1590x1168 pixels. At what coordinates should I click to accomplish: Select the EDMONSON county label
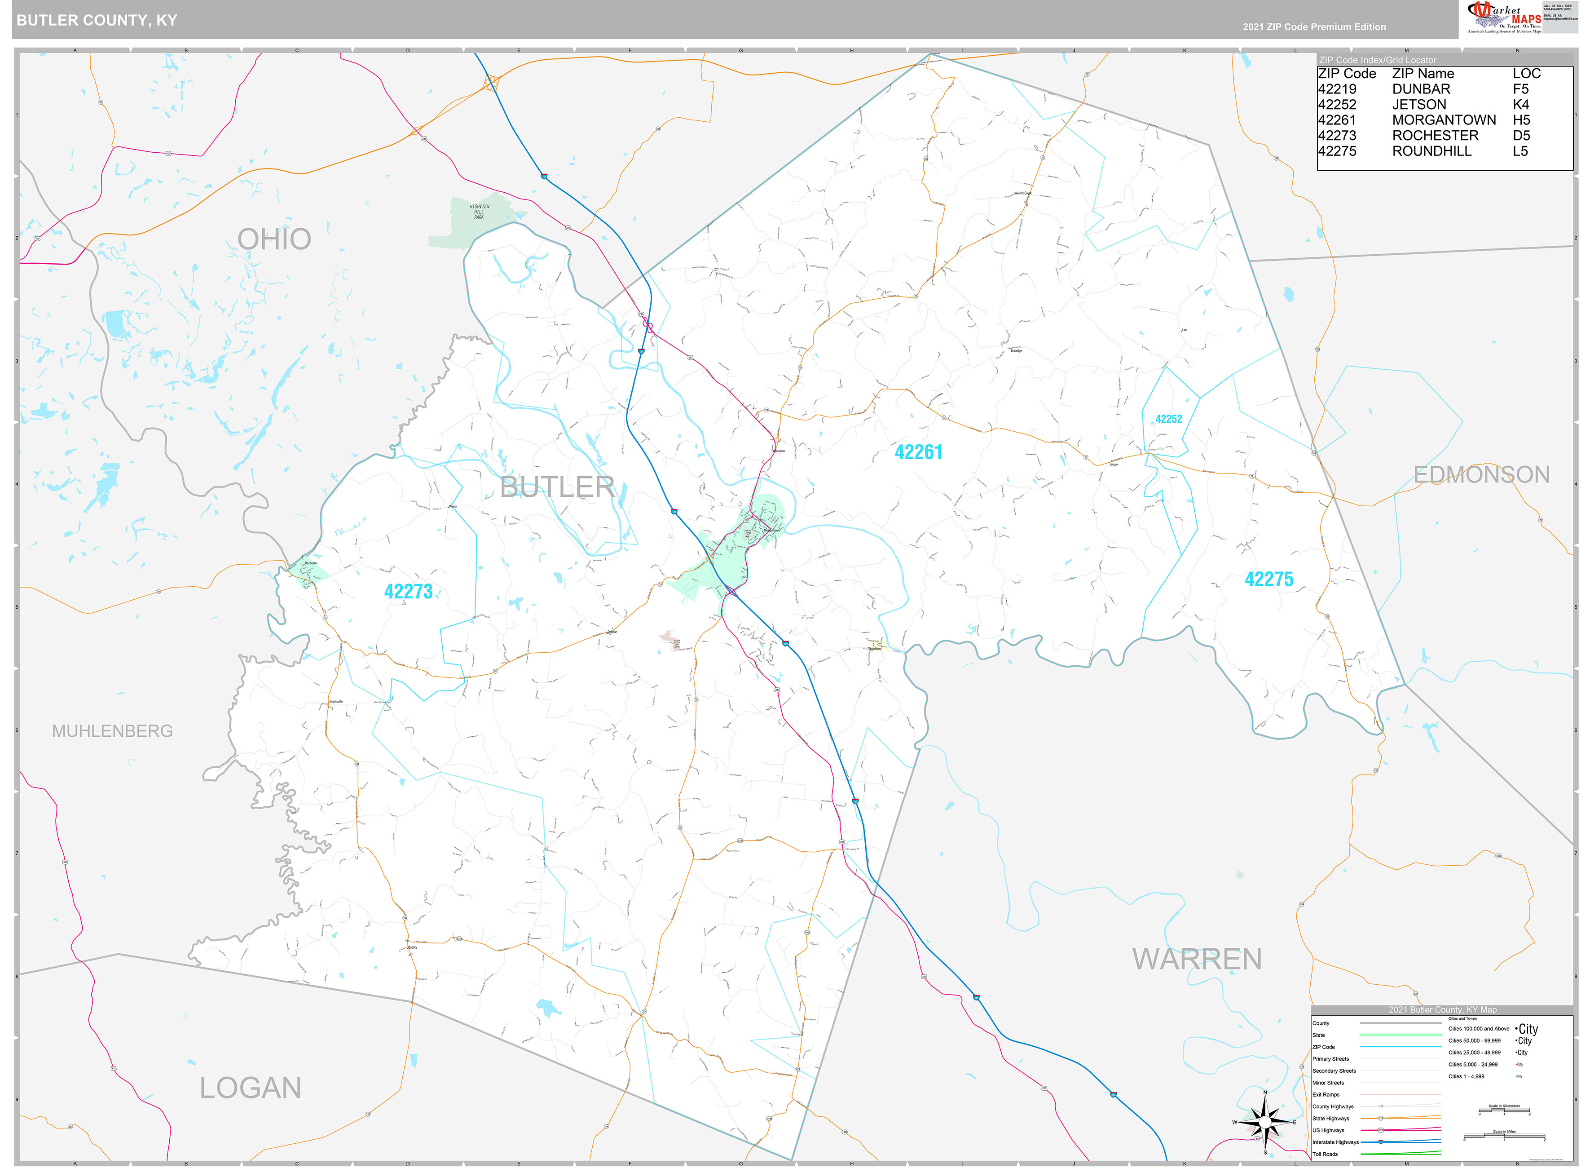(x=1481, y=474)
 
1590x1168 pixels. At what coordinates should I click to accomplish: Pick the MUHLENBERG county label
(x=112, y=731)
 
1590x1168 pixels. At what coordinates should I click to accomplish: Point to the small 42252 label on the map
(x=1168, y=419)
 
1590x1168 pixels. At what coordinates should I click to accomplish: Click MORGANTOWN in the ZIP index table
(x=1443, y=120)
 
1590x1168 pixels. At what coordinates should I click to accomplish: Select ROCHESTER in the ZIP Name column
(x=1435, y=136)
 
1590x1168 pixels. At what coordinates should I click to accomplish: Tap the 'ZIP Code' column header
(x=1347, y=74)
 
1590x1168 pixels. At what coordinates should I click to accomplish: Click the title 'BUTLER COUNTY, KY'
(x=97, y=21)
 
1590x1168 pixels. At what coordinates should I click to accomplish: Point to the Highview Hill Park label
(x=479, y=212)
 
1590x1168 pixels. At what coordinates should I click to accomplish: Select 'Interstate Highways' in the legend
(x=1335, y=1142)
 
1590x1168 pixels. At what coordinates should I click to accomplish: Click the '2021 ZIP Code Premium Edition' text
(x=1314, y=27)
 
